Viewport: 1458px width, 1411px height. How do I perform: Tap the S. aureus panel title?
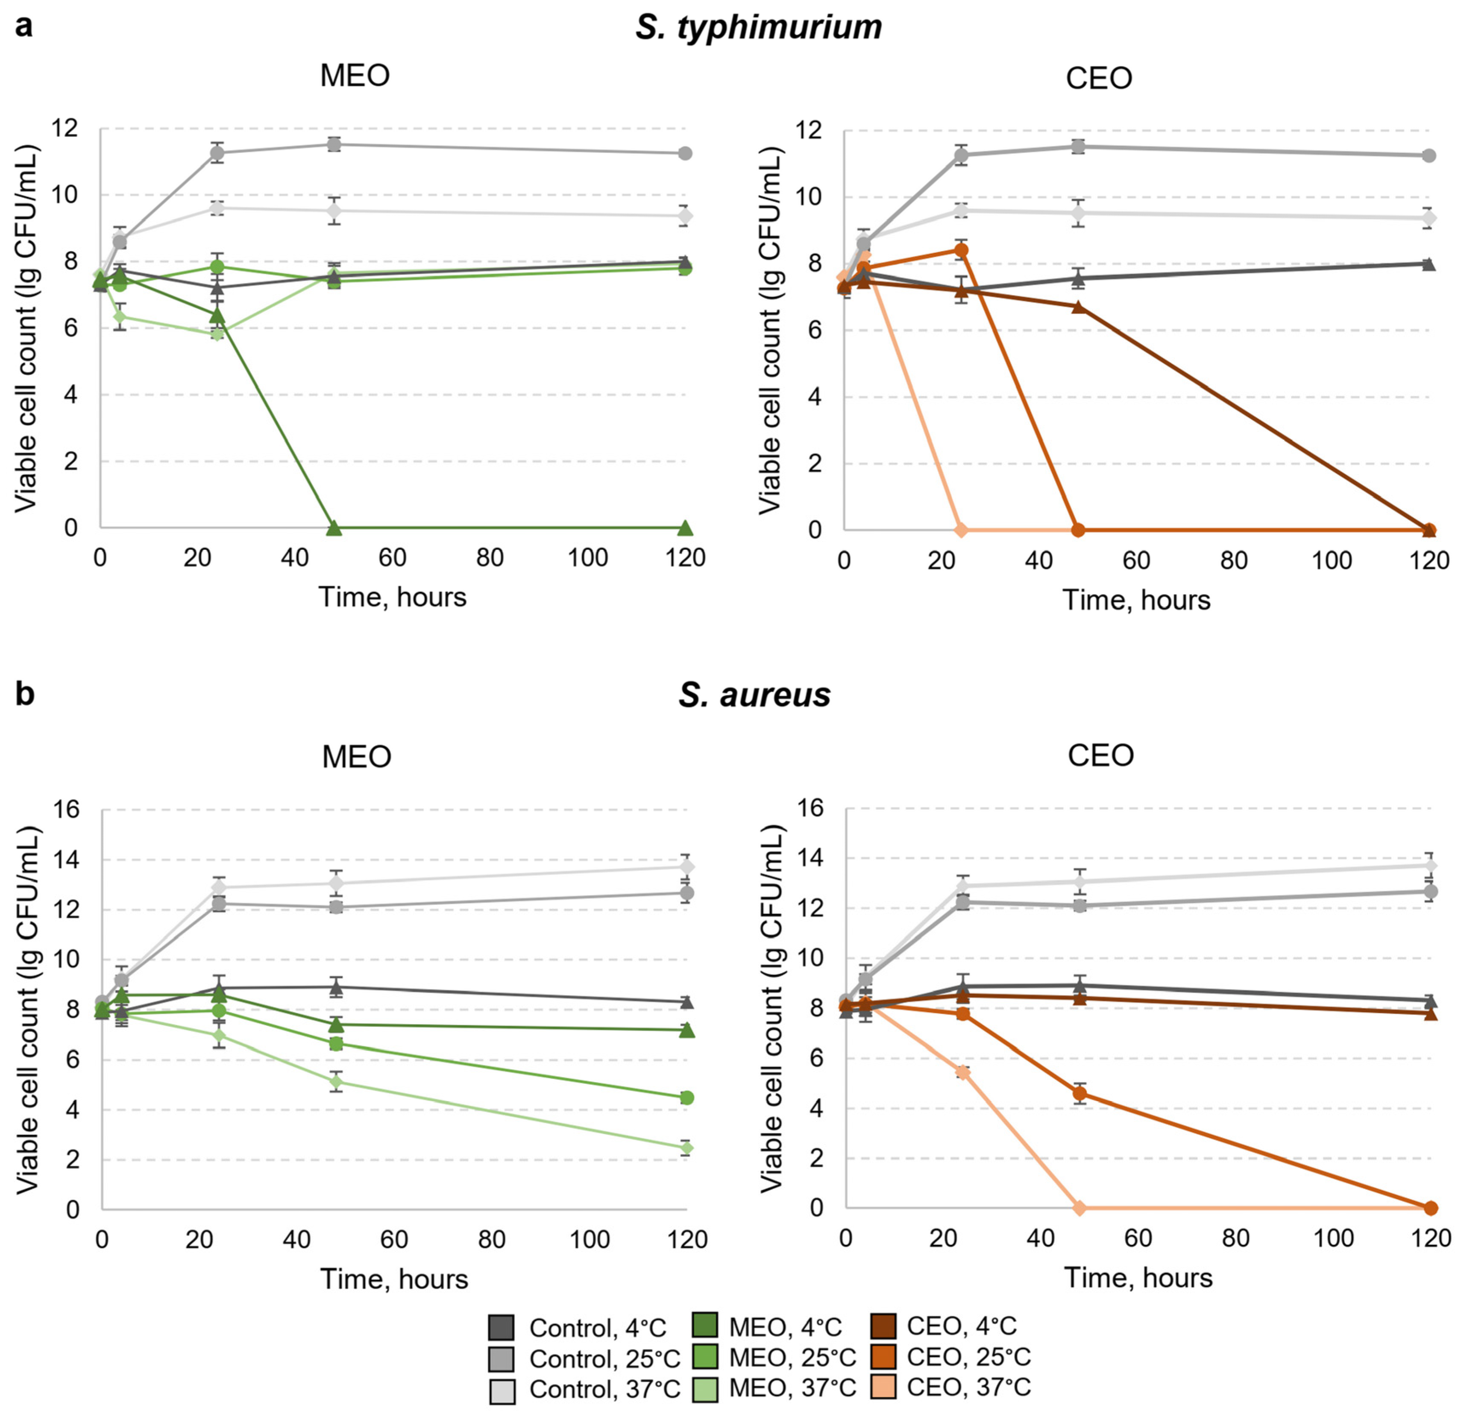pyautogui.click(x=754, y=695)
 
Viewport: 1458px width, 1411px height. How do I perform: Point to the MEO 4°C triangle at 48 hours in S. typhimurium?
pyautogui.click(x=334, y=528)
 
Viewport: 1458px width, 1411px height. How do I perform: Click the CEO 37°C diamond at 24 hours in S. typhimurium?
pyautogui.click(x=960, y=530)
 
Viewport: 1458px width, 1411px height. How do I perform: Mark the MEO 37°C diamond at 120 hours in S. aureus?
pyautogui.click(x=686, y=1148)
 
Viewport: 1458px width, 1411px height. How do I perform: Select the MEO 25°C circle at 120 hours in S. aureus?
pyautogui.click(x=686, y=1097)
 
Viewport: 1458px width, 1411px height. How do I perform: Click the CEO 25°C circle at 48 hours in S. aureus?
pyautogui.click(x=1080, y=1093)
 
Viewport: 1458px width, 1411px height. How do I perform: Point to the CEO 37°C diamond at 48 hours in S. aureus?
pyautogui.click(x=1080, y=1208)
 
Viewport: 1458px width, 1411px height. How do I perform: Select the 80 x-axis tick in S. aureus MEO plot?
pyautogui.click(x=492, y=1239)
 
